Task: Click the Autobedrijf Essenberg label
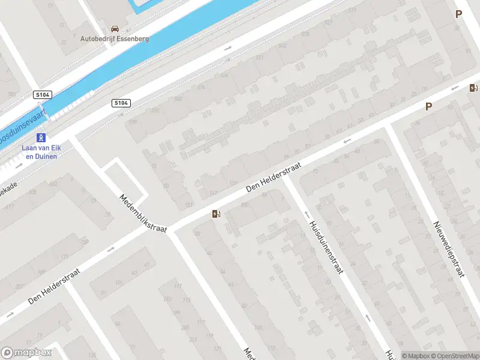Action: (115, 38)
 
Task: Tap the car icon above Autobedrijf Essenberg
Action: (115, 28)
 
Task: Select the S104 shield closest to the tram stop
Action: (42, 95)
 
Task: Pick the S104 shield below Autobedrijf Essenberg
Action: (121, 103)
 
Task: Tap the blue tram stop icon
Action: (41, 138)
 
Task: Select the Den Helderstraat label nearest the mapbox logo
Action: (54, 288)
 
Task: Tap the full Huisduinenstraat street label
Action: (326, 247)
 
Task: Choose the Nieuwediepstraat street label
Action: (449, 249)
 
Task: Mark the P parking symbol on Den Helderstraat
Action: (428, 107)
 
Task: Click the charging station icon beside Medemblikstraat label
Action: (216, 214)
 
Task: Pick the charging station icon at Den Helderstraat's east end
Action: (473, 88)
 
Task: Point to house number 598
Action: (133, 122)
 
